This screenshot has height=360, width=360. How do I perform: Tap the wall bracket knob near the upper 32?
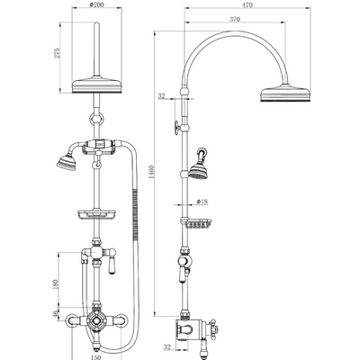tap(172, 125)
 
